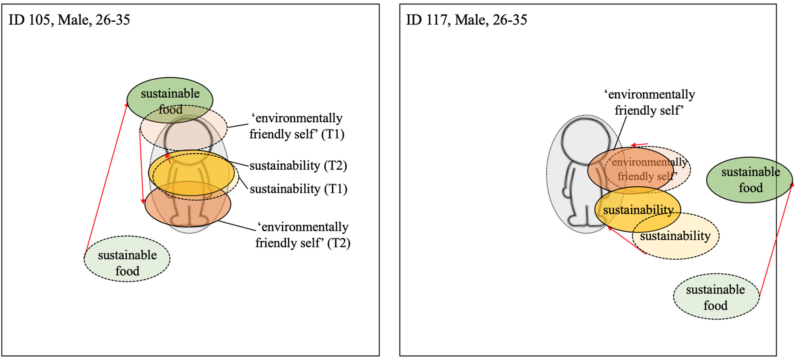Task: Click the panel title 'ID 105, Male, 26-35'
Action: [x=69, y=20]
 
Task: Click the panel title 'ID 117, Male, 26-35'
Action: [x=466, y=20]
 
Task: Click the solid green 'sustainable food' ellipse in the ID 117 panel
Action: [x=749, y=180]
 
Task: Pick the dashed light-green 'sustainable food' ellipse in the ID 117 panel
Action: [x=716, y=297]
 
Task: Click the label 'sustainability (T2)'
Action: [x=298, y=165]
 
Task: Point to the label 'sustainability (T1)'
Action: [x=298, y=188]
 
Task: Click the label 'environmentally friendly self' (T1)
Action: [x=297, y=126]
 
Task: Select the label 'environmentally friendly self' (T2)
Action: [x=303, y=235]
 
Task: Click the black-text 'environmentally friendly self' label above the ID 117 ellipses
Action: [x=649, y=102]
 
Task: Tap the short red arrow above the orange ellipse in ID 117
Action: [x=640, y=145]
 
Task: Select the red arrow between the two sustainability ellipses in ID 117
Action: [x=627, y=241]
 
